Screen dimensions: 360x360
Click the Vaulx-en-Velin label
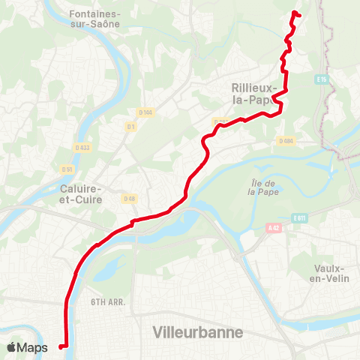tap(330, 274)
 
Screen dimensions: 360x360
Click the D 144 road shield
tap(145, 112)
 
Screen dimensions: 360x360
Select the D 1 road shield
tap(131, 127)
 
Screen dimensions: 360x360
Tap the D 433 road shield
tap(82, 147)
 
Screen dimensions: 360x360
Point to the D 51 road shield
tap(67, 169)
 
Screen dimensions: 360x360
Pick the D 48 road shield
tap(128, 199)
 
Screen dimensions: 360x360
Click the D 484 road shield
tap(285, 141)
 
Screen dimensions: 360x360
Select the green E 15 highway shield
tap(322, 79)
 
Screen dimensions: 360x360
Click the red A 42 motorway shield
tap(272, 227)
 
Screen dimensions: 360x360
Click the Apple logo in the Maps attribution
tap(11, 347)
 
